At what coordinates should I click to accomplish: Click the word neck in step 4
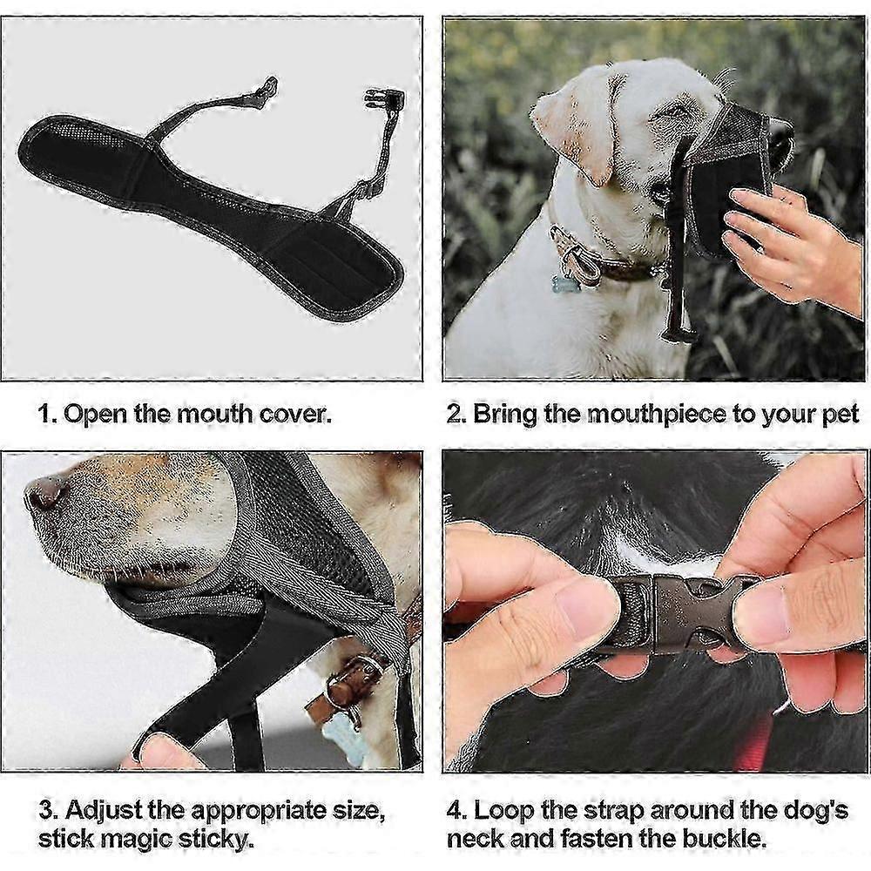(x=476, y=838)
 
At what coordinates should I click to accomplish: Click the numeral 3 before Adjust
(x=47, y=811)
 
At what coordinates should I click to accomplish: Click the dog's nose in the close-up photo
(x=45, y=491)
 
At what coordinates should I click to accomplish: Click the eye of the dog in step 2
(x=674, y=111)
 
